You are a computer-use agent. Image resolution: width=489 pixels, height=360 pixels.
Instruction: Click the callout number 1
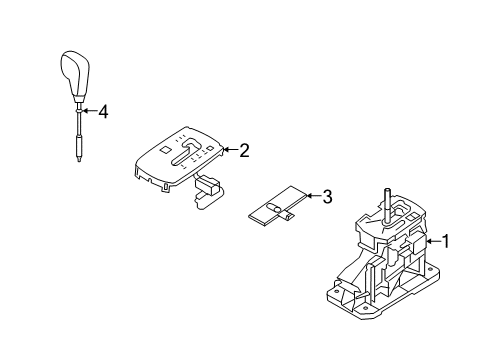point(446,241)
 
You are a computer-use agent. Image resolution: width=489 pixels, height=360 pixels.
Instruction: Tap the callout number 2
point(244,150)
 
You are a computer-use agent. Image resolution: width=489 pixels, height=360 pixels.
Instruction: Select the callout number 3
point(327,196)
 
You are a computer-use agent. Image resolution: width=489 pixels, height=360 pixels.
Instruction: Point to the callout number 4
point(103,112)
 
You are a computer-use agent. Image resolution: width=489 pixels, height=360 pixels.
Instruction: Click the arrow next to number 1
point(434,241)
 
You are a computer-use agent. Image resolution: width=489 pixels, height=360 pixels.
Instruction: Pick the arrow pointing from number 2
point(230,150)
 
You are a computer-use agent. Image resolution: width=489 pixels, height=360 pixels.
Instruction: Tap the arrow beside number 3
point(313,196)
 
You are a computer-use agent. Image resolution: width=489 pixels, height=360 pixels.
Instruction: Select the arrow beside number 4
point(89,111)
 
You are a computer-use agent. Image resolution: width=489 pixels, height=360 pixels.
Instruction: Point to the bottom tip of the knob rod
point(80,161)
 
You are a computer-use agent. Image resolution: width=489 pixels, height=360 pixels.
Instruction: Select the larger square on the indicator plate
point(165,149)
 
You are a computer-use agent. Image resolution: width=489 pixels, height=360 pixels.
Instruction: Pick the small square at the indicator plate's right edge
point(210,148)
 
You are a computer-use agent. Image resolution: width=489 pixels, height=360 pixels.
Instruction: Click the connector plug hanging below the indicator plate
point(207,190)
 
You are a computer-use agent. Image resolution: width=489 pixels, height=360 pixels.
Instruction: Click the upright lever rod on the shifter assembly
point(387,206)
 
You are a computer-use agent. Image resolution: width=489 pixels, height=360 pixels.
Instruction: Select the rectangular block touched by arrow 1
point(420,244)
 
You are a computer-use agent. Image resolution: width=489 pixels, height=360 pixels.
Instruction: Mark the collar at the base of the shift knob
point(79,99)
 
